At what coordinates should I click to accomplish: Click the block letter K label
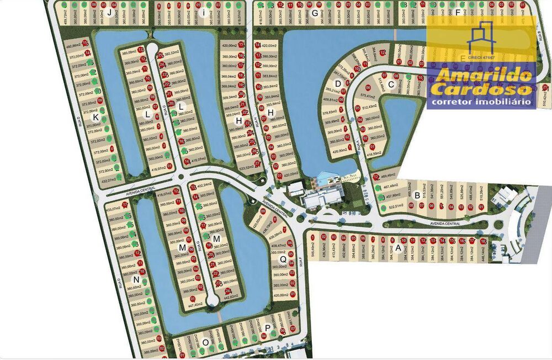click(95, 118)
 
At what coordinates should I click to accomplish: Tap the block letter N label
click(136, 279)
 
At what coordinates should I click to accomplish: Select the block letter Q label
click(283, 259)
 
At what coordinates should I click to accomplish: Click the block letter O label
click(205, 342)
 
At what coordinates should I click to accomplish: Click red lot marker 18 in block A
click(483, 241)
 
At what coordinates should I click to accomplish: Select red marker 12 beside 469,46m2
click(375, 177)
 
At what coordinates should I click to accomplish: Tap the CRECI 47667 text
click(481, 57)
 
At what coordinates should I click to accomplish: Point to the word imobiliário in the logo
click(503, 101)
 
